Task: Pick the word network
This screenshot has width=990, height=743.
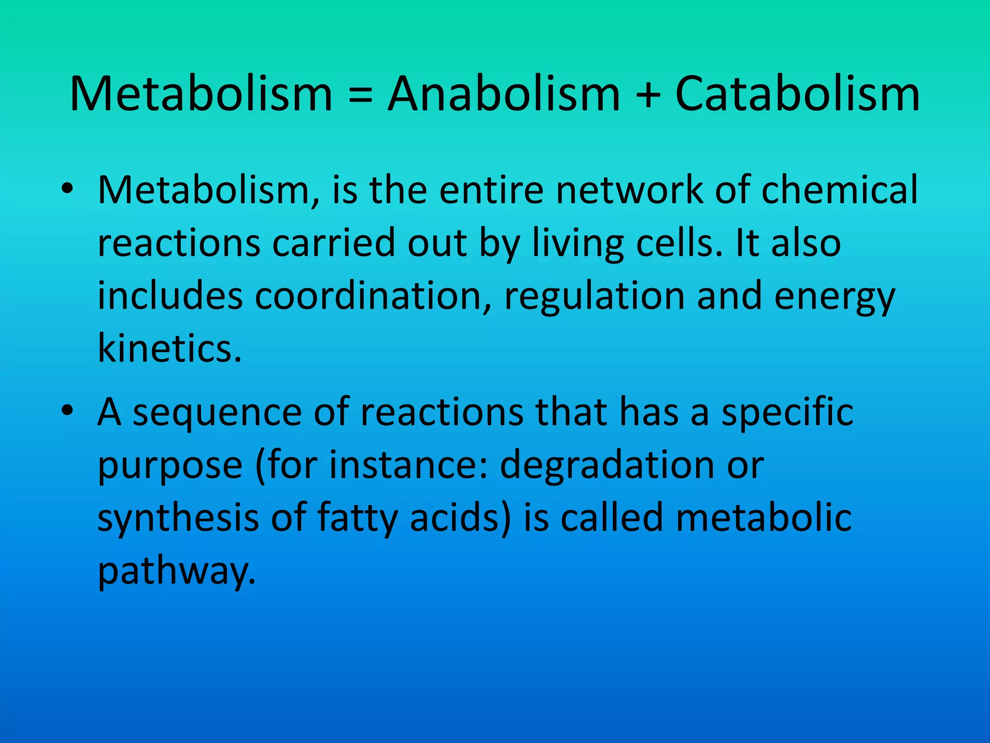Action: click(629, 190)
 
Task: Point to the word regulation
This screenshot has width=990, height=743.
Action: click(595, 297)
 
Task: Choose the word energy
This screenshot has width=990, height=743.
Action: click(835, 297)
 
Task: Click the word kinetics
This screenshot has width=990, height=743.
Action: click(169, 348)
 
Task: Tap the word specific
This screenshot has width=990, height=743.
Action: click(787, 413)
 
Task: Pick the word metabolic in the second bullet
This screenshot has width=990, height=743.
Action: click(764, 518)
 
